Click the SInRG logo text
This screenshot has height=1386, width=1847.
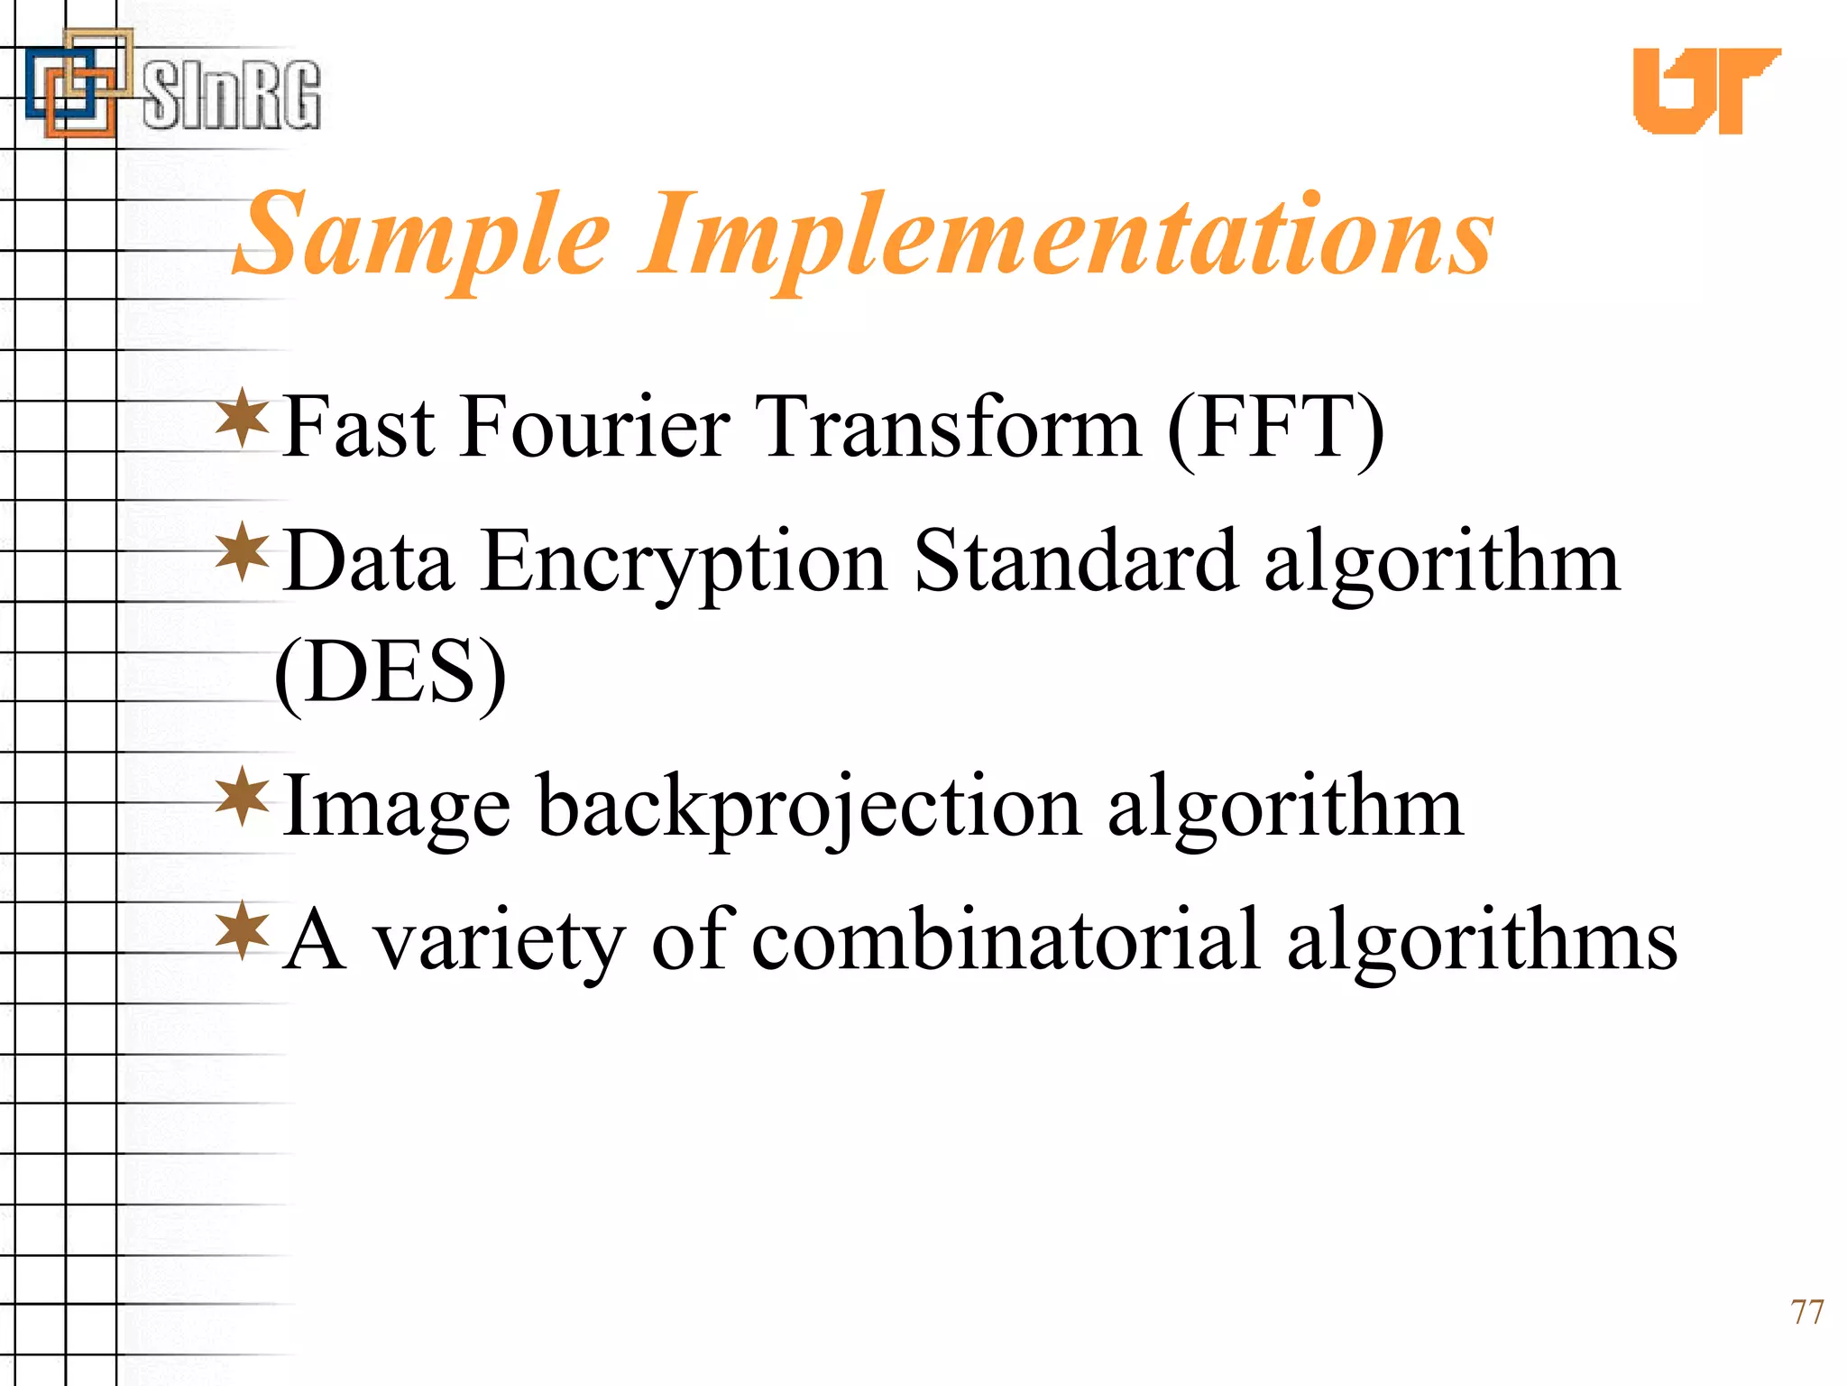coord(231,94)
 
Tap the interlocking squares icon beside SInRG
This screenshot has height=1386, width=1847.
coord(78,85)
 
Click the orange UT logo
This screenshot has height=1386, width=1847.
coord(1705,90)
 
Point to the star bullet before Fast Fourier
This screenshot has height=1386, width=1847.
coord(243,417)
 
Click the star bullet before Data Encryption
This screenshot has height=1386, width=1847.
coord(243,551)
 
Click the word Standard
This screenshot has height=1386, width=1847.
coord(1075,561)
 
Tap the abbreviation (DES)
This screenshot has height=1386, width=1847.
coord(391,673)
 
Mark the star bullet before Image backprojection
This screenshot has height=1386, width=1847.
coord(243,796)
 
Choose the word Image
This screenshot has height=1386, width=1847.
coord(397,807)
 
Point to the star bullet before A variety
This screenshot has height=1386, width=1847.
coord(243,930)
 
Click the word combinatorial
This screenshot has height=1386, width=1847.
coord(1005,940)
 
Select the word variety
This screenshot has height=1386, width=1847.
coord(500,943)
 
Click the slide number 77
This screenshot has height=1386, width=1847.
coord(1806,1312)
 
